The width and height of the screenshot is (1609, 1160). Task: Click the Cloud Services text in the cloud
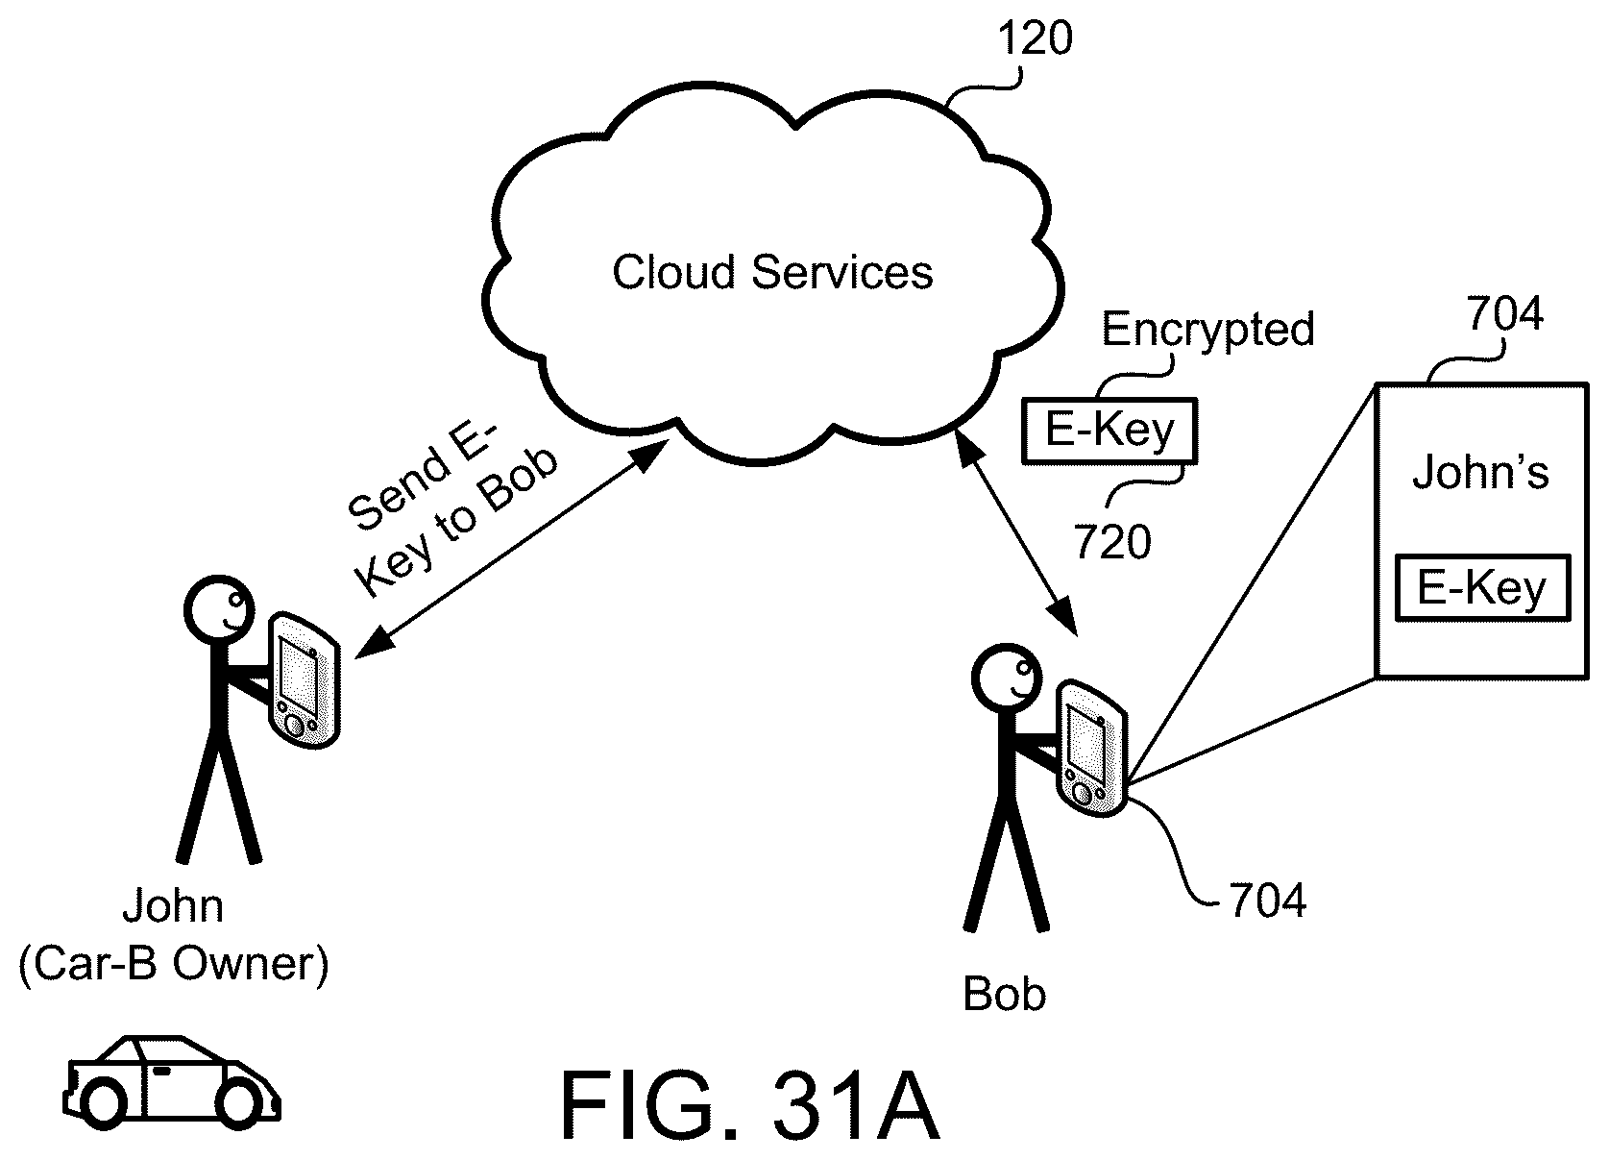(772, 273)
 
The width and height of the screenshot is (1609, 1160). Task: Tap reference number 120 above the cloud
(1035, 39)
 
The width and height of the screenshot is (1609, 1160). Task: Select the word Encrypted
(1207, 330)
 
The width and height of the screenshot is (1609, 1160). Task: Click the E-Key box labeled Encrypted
(1109, 430)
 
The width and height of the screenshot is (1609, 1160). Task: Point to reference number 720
(1112, 543)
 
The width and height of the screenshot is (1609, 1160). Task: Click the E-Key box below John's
(1481, 587)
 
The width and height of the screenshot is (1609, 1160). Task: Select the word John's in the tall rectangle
(1480, 474)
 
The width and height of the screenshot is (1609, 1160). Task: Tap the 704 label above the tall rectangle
(1504, 314)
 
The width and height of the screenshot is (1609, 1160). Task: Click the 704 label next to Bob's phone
(1267, 901)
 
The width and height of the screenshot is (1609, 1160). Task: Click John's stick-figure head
(216, 610)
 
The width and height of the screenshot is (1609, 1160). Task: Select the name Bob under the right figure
(1004, 995)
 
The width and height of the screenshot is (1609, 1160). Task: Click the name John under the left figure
(173, 906)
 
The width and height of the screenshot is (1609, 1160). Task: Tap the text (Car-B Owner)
(174, 964)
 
